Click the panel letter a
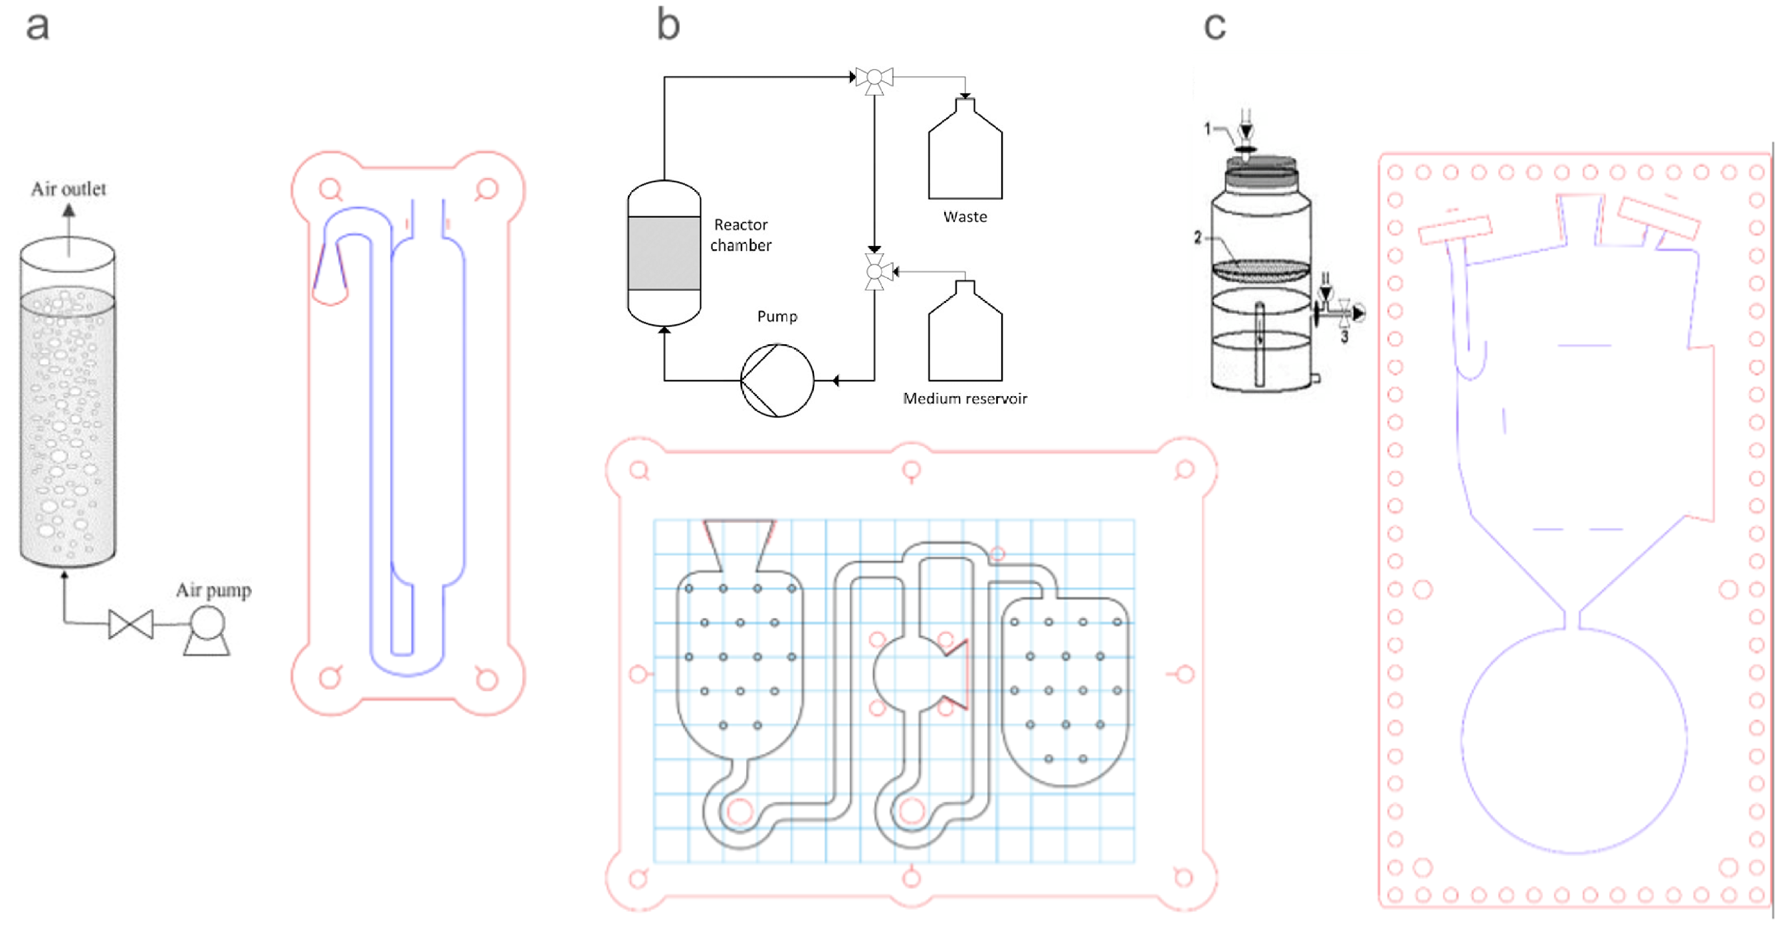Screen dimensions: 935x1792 [38, 27]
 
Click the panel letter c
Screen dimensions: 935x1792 [1215, 27]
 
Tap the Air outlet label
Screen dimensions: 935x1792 [68, 189]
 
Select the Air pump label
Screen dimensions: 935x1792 [213, 591]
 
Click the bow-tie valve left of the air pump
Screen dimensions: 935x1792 [131, 624]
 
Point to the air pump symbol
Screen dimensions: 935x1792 [207, 630]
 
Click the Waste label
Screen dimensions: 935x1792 [965, 217]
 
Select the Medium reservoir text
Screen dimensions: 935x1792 [965, 399]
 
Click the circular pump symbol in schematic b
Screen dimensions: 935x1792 [777, 381]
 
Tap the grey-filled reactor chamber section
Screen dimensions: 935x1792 [664, 253]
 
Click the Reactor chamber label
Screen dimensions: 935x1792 [741, 235]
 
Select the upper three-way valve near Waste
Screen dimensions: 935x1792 [874, 78]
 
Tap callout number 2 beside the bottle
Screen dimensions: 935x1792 [1197, 238]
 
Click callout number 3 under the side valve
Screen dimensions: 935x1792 [1344, 337]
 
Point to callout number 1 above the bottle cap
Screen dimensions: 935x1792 [1208, 129]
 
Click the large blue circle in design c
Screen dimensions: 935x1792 [1573, 741]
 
